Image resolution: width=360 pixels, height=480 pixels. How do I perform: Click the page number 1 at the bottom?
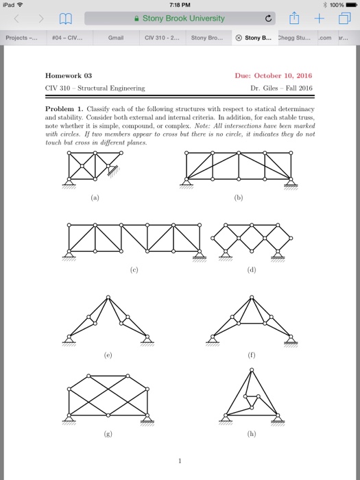180,460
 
